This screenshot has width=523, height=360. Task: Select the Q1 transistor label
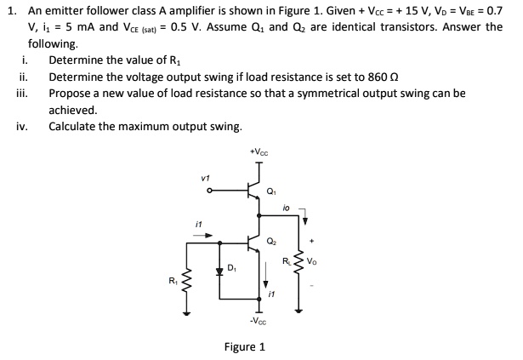coord(273,191)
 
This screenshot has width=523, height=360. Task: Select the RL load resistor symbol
coord(298,256)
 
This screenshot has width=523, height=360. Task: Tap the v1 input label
coord(203,178)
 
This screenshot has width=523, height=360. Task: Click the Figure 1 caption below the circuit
coord(244,347)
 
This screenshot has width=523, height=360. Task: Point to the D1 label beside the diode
coord(233,270)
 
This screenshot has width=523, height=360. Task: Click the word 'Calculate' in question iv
coord(73,127)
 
